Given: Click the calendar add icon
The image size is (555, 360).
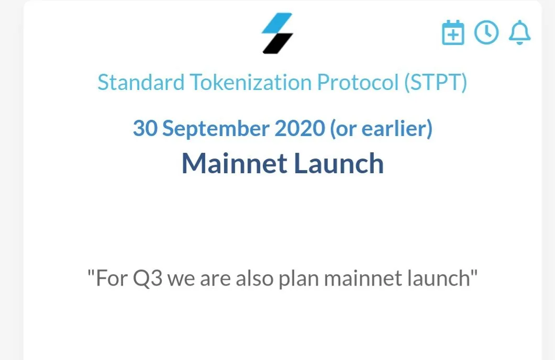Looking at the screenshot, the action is pyautogui.click(x=453, y=32).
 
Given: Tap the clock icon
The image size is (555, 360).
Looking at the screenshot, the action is pyautogui.click(x=486, y=32).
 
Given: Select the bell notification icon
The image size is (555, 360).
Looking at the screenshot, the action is pyautogui.click(x=519, y=32).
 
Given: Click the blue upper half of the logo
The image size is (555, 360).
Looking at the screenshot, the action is pyautogui.click(x=277, y=23).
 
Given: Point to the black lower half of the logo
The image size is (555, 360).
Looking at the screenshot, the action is pyautogui.click(x=278, y=43).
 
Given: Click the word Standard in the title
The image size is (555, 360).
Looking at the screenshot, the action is pyautogui.click(x=141, y=82).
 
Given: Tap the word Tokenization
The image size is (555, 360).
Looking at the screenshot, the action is pyautogui.click(x=251, y=82).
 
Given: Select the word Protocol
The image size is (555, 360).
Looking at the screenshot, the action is pyautogui.click(x=358, y=82).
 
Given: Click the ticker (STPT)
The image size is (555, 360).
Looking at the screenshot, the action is pyautogui.click(x=436, y=83).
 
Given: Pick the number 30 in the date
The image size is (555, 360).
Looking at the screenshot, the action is pyautogui.click(x=145, y=128).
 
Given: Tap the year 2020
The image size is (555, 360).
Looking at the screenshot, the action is pyautogui.click(x=299, y=128).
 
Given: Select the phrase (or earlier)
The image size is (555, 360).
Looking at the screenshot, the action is pyautogui.click(x=381, y=128).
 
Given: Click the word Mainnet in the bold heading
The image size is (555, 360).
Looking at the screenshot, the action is pyautogui.click(x=235, y=163).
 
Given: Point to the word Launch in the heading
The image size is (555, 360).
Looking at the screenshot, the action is pyautogui.click(x=339, y=163).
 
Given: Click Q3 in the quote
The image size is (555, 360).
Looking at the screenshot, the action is pyautogui.click(x=148, y=279).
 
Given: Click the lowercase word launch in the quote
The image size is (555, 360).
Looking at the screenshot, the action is pyautogui.click(x=438, y=278).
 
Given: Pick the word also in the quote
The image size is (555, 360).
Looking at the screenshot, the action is pyautogui.click(x=254, y=278).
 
